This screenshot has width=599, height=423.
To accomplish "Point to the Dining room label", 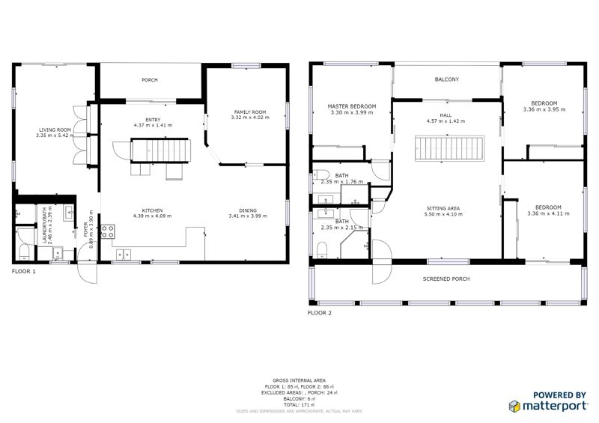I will click(248, 210).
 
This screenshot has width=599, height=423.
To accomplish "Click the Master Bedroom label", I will click(351, 106).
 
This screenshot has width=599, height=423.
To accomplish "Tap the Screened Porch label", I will click(446, 279).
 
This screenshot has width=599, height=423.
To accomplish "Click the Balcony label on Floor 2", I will click(446, 79).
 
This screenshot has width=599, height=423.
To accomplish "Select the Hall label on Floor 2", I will click(446, 115).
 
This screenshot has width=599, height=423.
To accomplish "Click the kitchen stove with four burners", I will click(107, 231).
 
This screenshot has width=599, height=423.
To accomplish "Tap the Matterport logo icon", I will click(515, 406).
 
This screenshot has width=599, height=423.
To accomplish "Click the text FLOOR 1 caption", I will click(23, 271).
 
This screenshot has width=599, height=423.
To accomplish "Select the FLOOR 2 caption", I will click(320, 313).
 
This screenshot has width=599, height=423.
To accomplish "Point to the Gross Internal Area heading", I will click(299, 380).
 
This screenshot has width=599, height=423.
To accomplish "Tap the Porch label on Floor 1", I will click(150, 79).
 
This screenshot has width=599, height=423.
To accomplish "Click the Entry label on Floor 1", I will click(153, 119).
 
